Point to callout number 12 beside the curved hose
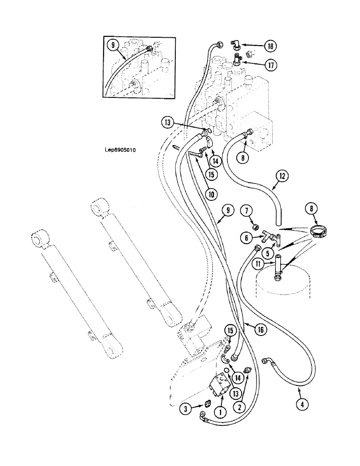click(282, 177)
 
